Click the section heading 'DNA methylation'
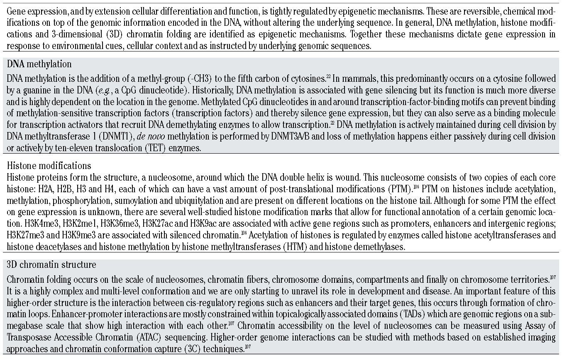(x=39, y=64)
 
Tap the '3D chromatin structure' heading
(x=51, y=264)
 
